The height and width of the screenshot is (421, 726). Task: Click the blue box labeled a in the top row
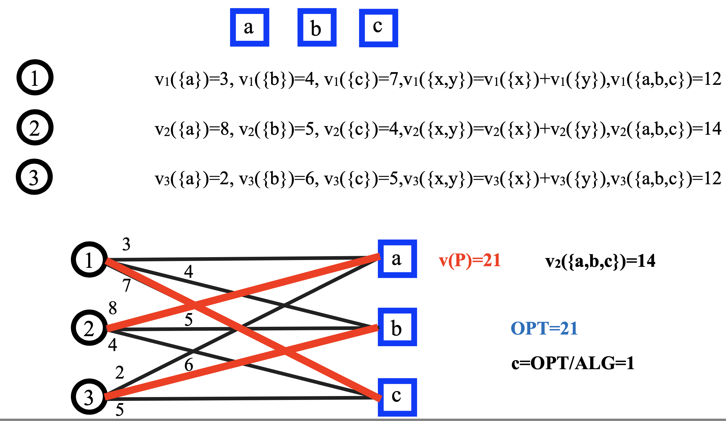pyautogui.click(x=249, y=28)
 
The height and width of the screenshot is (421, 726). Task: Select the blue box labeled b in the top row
pyautogui.click(x=317, y=28)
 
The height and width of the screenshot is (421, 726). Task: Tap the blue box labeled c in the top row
pyautogui.click(x=379, y=28)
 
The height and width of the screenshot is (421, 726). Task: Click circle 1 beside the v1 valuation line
pyautogui.click(x=35, y=77)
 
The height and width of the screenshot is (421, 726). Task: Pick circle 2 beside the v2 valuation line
pyautogui.click(x=35, y=127)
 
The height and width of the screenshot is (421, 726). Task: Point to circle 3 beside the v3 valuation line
pyautogui.click(x=34, y=177)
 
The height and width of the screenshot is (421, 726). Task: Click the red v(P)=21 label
pyautogui.click(x=470, y=260)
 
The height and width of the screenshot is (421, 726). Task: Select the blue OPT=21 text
pyautogui.click(x=544, y=328)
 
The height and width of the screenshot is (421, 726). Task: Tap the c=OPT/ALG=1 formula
pyautogui.click(x=573, y=363)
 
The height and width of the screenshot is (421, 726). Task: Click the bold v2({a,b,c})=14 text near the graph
pyautogui.click(x=600, y=261)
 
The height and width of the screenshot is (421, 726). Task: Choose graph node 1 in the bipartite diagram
pyautogui.click(x=89, y=259)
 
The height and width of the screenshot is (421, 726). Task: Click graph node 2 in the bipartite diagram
pyautogui.click(x=89, y=328)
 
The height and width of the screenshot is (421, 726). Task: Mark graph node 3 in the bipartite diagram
pyautogui.click(x=89, y=397)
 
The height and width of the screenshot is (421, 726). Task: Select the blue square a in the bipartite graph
pyautogui.click(x=397, y=259)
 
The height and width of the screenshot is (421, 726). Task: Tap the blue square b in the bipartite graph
pyautogui.click(x=397, y=327)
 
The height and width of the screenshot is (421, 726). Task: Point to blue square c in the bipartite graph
pyautogui.click(x=397, y=397)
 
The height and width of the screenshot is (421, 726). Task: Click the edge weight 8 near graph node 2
pyautogui.click(x=113, y=308)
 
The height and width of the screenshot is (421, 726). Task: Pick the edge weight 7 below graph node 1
pyautogui.click(x=126, y=285)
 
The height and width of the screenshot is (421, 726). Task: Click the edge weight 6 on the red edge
pyautogui.click(x=189, y=365)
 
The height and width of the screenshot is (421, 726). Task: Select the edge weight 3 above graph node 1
pyautogui.click(x=126, y=244)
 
